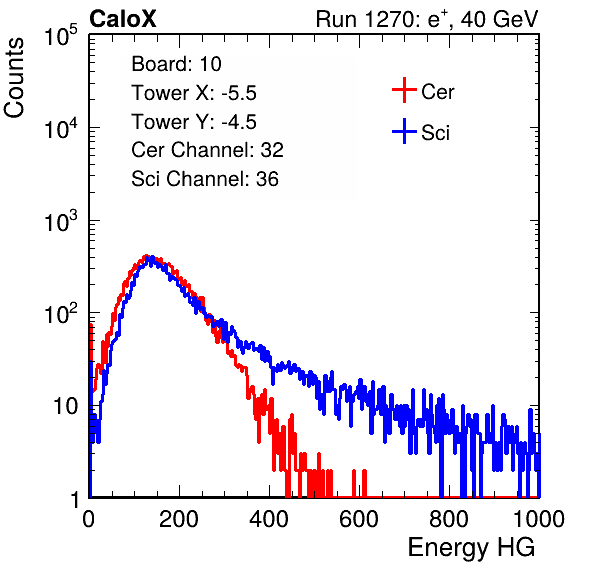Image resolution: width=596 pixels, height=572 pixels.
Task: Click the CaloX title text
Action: [x=122, y=19]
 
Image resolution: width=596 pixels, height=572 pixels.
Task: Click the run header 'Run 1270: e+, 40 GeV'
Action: [x=427, y=19]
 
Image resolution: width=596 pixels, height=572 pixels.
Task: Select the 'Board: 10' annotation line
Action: [x=176, y=63]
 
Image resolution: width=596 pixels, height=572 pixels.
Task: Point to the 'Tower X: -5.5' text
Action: [x=194, y=93]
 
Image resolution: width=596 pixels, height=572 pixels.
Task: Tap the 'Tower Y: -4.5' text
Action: [x=194, y=122]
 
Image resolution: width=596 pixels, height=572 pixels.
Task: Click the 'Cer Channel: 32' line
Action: [x=207, y=150]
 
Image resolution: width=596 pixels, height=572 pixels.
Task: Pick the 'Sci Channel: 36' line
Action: [x=205, y=179]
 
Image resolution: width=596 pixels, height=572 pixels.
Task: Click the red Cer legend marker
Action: [x=404, y=90]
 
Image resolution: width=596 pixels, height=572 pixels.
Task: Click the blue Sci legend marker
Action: [x=404, y=131]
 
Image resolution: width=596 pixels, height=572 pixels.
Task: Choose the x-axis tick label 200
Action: [x=179, y=519]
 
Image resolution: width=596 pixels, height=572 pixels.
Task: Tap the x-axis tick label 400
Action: [x=269, y=519]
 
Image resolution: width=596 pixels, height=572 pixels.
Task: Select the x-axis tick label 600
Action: [x=359, y=519]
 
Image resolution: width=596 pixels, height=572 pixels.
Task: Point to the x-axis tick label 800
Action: [x=449, y=519]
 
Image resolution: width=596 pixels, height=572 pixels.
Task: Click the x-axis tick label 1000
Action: [x=539, y=519]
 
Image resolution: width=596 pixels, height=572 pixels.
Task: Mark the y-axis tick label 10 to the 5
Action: [x=61, y=35]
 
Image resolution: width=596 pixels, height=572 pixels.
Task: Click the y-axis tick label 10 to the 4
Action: [x=61, y=128]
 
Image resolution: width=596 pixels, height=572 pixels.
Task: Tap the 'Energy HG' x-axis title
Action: [x=471, y=548]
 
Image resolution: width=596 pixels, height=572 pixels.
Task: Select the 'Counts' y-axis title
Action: [x=14, y=78]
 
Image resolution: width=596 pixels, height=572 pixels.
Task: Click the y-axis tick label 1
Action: [x=75, y=499]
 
